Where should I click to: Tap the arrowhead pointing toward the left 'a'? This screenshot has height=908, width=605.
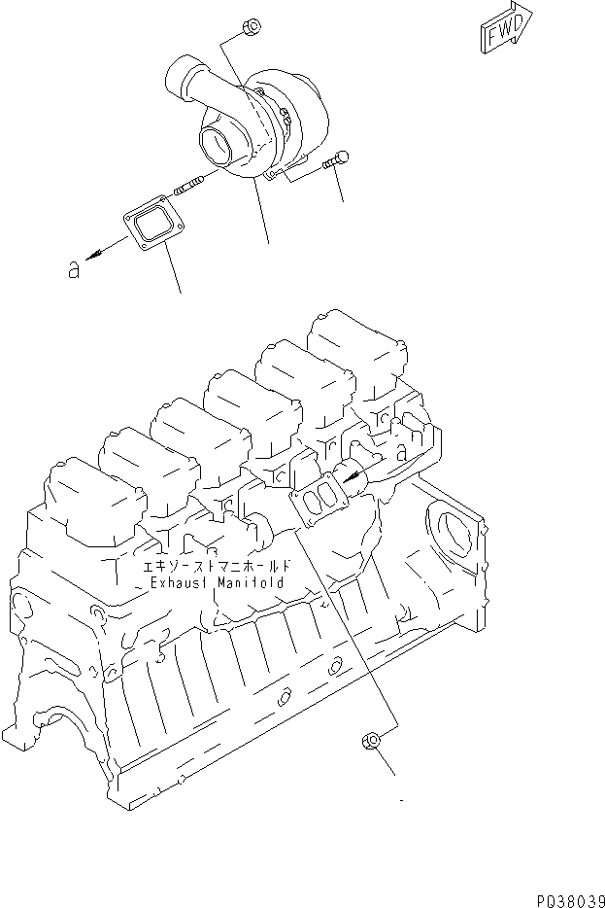96,255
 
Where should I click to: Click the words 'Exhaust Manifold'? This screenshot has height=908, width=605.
217,581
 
